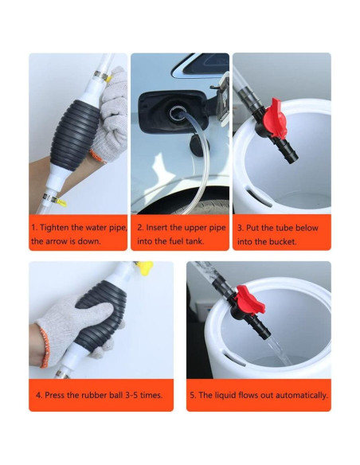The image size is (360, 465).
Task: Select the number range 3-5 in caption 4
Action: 131,394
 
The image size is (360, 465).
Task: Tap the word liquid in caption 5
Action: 226,394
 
